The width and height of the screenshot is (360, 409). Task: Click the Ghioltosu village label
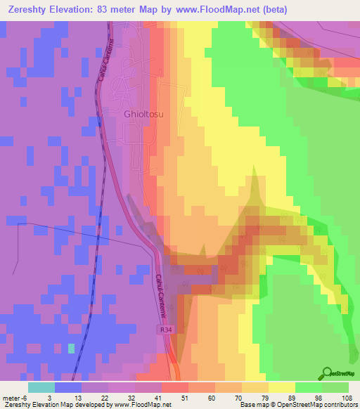pyautogui.click(x=145, y=112)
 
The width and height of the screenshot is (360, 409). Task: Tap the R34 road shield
pyautogui.click(x=163, y=327)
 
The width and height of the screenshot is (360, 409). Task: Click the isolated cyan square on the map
pyautogui.click(x=71, y=348)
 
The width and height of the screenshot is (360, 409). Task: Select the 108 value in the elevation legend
pyautogui.click(x=346, y=398)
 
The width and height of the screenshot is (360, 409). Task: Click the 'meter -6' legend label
pyautogui.click(x=13, y=398)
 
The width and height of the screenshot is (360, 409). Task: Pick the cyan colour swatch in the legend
pyautogui.click(x=41, y=387)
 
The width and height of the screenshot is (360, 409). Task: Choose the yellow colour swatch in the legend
pyautogui.click(x=281, y=387)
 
